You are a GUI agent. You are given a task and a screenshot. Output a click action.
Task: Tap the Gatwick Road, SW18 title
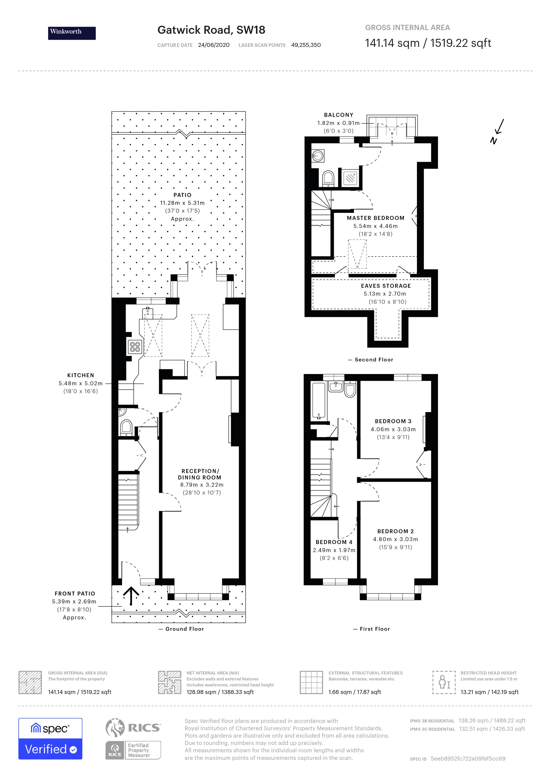pyautogui.click(x=211, y=30)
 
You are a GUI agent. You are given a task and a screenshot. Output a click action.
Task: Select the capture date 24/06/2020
pyautogui.click(x=214, y=45)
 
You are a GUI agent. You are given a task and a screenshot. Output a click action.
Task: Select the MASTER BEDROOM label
pyautogui.click(x=375, y=218)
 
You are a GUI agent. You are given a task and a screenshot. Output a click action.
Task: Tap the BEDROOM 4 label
pyautogui.click(x=334, y=542)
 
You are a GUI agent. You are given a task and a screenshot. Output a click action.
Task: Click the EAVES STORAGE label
pyautogui.click(x=386, y=286)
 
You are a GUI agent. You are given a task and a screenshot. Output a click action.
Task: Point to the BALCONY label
pyautogui.click(x=338, y=115)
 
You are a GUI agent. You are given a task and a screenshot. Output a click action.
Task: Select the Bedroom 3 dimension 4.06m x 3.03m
pyautogui.click(x=393, y=429)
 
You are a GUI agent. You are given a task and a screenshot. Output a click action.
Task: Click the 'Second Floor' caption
pyautogui.click(x=373, y=360)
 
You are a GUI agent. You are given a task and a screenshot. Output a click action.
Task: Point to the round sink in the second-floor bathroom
pyautogui.click(x=318, y=156)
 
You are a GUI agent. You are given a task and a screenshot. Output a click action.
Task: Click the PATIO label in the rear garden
pyautogui.click(x=182, y=195)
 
